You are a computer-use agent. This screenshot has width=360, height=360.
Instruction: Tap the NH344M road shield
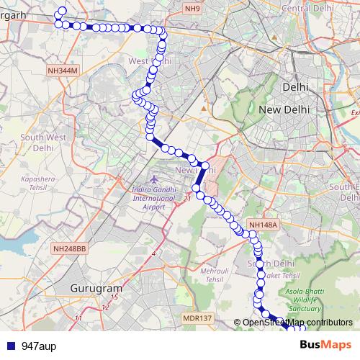61,70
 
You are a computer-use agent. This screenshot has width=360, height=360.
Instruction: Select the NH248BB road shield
70,248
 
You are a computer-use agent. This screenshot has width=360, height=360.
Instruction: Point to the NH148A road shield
263,225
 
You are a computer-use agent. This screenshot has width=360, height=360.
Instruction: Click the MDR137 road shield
197,318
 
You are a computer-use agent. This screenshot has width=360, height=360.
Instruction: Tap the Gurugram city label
94,287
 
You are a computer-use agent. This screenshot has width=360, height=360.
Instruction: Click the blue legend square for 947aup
9,346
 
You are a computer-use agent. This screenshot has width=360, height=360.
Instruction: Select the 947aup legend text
39,346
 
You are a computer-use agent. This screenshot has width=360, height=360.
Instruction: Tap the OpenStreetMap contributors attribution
297,323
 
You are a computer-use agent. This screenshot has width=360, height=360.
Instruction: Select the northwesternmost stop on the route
62,11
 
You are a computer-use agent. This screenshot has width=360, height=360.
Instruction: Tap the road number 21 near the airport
187,197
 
